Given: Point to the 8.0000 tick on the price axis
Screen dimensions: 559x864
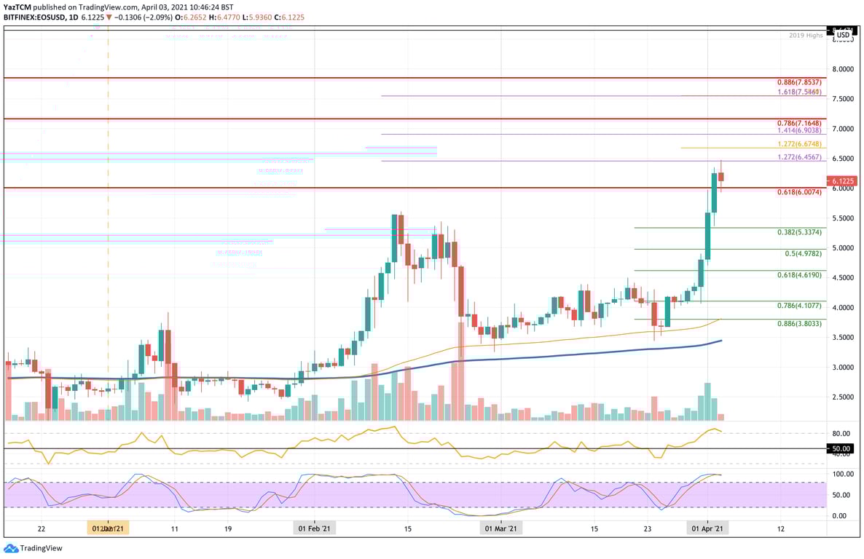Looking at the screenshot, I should pyautogui.click(x=843, y=69).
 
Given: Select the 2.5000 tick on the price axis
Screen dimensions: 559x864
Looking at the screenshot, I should pyautogui.click(x=843, y=397).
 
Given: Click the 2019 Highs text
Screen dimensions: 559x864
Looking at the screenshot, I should pyautogui.click(x=806, y=35).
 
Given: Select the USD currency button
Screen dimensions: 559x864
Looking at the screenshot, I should pyautogui.click(x=843, y=34).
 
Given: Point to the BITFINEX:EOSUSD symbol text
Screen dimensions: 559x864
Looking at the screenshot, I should pyautogui.click(x=39, y=18).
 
